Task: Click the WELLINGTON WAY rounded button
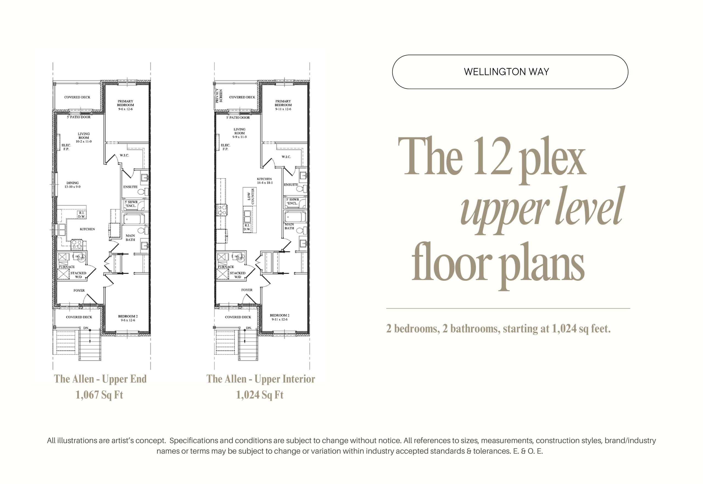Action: pyautogui.click(x=510, y=72)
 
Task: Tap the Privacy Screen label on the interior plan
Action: pyautogui.click(x=219, y=96)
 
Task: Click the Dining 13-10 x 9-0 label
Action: pyautogui.click(x=72, y=185)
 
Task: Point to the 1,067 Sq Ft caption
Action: pyautogui.click(x=99, y=395)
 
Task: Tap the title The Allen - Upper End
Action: pyautogui.click(x=100, y=379)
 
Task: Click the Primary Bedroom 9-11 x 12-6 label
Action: pyautogui.click(x=283, y=105)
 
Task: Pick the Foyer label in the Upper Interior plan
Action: pyautogui.click(x=247, y=290)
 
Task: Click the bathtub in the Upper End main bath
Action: pyautogui.click(x=134, y=219)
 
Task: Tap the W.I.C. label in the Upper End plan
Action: pyautogui.click(x=124, y=155)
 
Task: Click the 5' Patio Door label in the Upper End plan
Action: pyautogui.click(x=79, y=117)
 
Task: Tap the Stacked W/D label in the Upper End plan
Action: pyautogui.click(x=78, y=275)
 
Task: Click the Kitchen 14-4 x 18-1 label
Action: pyautogui.click(x=264, y=181)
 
